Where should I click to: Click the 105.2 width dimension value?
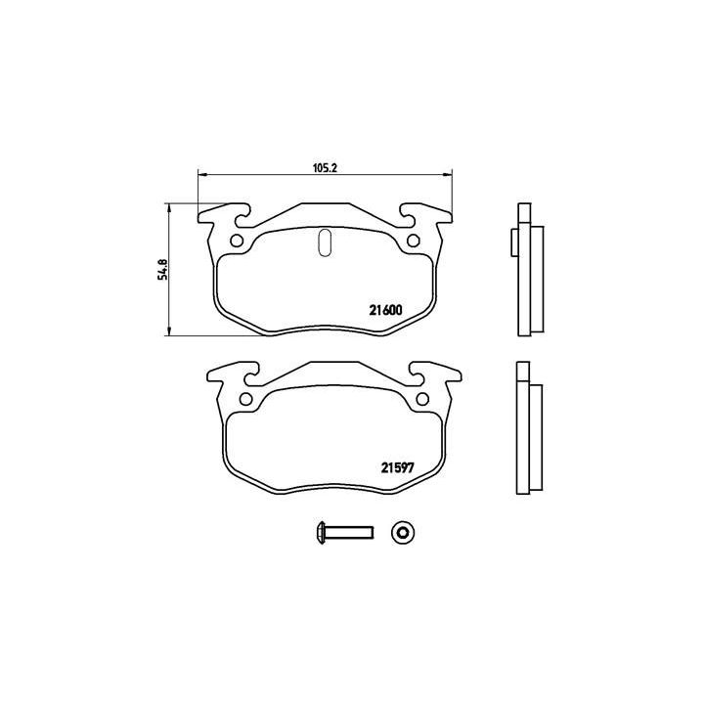[x=325, y=167]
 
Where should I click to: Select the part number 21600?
[x=385, y=311]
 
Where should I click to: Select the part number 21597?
[x=398, y=466]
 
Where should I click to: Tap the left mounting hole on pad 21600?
[x=235, y=242]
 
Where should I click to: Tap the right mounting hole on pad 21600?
[x=414, y=242]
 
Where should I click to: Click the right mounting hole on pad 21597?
[x=423, y=398]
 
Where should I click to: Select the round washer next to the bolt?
[x=401, y=532]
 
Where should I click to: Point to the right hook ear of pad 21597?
[x=436, y=373]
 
